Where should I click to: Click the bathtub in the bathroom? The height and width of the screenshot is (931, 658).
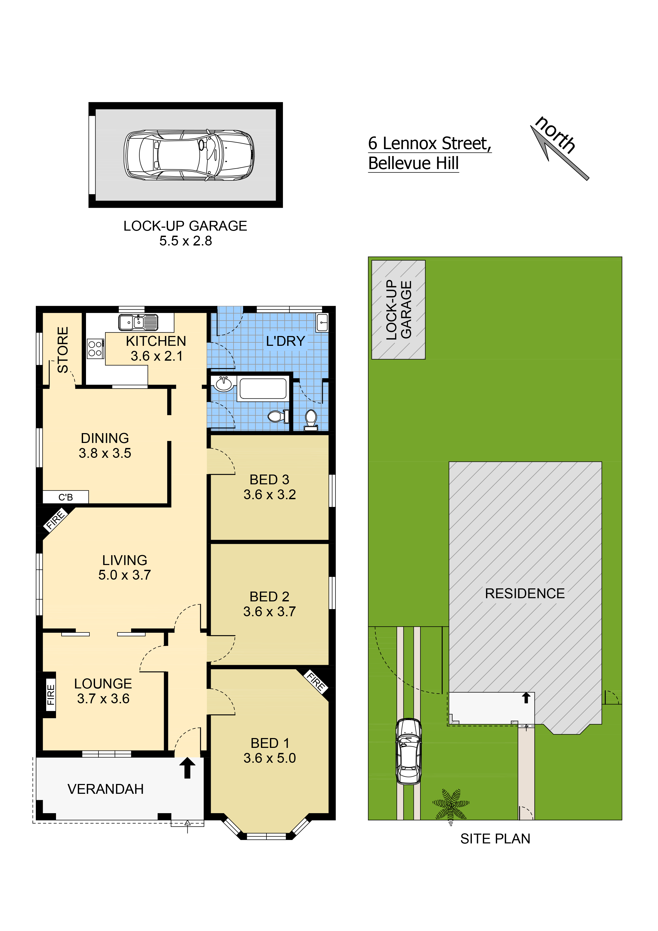click(263, 389)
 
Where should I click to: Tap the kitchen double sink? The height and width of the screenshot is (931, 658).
click(138, 322)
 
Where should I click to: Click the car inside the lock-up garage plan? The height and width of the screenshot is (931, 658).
click(189, 155)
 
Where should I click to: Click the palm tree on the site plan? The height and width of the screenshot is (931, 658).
click(451, 804)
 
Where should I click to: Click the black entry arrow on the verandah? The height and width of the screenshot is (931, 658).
click(187, 768)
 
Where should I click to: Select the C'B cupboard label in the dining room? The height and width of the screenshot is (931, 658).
click(66, 497)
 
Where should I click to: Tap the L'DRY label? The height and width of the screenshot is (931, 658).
click(285, 341)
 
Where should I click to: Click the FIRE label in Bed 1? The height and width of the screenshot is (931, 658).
click(316, 682)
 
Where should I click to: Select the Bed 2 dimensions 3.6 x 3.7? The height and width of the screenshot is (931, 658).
click(270, 611)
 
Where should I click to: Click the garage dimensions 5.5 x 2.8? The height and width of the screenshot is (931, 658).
click(186, 241)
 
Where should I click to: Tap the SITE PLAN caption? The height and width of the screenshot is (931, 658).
click(495, 839)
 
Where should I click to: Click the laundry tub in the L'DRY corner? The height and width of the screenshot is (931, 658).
click(322, 322)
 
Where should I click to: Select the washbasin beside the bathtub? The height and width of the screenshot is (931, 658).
click(224, 383)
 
